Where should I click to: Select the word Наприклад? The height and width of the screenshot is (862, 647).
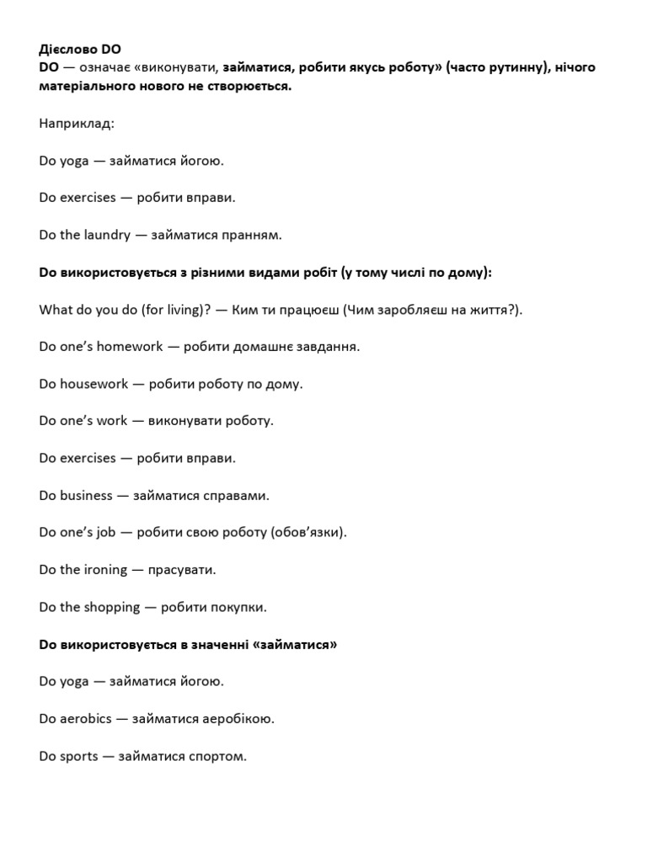tap(76, 124)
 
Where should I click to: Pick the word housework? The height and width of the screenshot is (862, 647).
tap(94, 384)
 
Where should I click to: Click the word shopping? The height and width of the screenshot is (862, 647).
tap(112, 606)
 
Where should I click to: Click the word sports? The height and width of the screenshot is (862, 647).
tap(79, 756)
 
